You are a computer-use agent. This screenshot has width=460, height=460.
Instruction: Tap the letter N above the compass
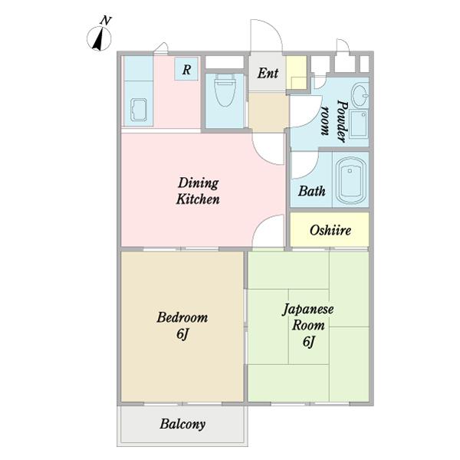(106, 21)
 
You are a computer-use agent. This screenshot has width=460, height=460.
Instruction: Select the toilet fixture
(225, 90)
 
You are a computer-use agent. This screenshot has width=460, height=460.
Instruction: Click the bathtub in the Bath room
(350, 180)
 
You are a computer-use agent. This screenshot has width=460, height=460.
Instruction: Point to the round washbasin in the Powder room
(360, 95)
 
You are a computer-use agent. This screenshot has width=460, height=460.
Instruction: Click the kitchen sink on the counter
(139, 110)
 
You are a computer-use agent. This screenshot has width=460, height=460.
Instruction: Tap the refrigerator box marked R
(186, 69)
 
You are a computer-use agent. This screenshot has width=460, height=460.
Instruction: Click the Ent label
(268, 73)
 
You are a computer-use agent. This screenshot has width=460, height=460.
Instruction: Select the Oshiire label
(330, 230)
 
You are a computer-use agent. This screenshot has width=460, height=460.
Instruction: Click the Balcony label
(182, 424)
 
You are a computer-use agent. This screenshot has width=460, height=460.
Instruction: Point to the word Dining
(199, 183)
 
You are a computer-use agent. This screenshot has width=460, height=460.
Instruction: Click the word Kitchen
(198, 199)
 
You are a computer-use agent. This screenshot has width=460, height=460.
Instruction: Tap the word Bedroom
(182, 317)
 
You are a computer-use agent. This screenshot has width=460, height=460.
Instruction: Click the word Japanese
(308, 309)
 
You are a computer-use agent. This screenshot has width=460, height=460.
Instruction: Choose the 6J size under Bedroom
(182, 333)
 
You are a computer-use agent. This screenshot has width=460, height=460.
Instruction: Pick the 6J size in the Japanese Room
(309, 342)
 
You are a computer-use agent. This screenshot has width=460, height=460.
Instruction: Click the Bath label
(311, 191)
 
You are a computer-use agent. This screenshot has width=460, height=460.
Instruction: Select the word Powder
(342, 121)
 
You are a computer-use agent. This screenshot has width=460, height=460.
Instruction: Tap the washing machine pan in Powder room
(359, 123)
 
